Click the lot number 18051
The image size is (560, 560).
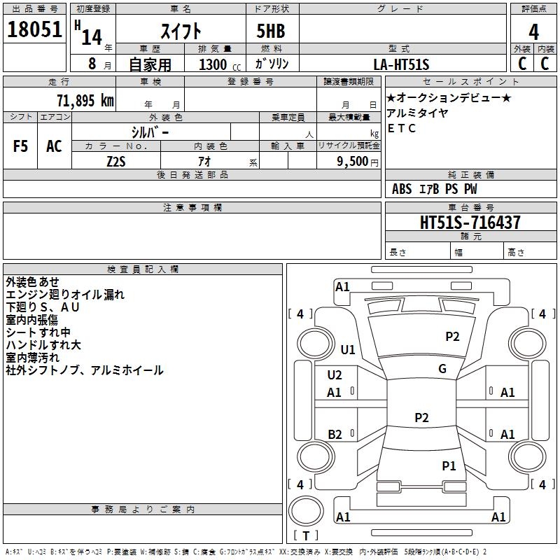tap(34, 31)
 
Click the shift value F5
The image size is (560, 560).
tap(21, 146)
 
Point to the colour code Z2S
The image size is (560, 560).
tap(115, 160)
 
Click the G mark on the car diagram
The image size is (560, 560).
tap(442, 369)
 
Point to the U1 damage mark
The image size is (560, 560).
tap(348, 349)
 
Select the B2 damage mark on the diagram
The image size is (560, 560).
tap(335, 435)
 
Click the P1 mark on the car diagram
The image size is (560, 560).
tap(449, 465)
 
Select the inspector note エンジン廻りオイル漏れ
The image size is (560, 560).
tap(65, 295)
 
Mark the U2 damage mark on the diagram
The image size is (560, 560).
tap(335, 374)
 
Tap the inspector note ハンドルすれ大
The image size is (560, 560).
tap(43, 345)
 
